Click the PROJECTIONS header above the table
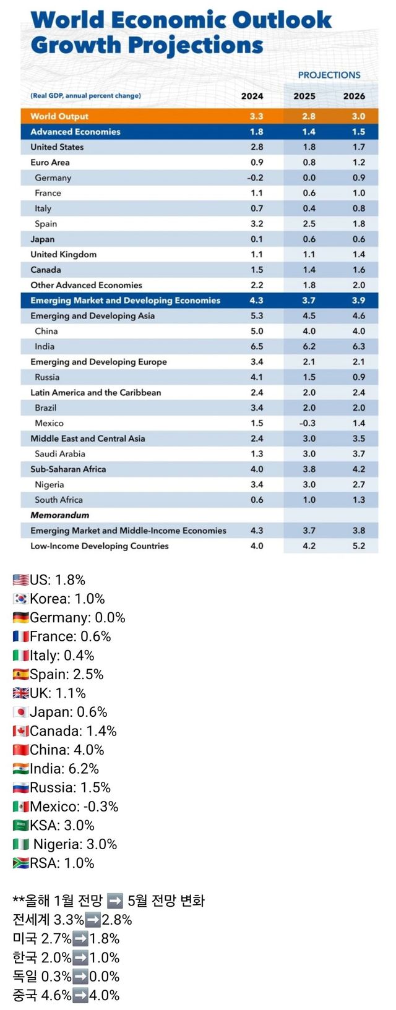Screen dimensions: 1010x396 point(329,75)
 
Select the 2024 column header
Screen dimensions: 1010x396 point(252,96)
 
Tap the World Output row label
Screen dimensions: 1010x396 point(59,116)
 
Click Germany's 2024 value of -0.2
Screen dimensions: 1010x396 point(256,178)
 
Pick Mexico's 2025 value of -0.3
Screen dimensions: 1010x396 point(308,423)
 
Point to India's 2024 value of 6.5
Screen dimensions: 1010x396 point(257,346)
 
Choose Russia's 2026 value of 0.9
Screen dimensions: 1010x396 point(359,377)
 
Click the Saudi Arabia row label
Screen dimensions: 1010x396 point(60,453)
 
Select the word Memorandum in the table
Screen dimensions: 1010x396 point(59,515)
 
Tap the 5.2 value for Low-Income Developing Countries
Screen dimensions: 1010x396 point(359,546)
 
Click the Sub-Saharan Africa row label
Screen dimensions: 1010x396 point(68,469)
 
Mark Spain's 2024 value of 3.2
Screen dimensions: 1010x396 point(257,224)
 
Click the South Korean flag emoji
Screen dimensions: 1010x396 point(20,599)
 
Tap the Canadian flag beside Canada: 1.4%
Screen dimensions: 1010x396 point(20,731)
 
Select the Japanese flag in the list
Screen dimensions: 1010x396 point(20,712)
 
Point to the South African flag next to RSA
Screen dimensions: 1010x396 point(20,863)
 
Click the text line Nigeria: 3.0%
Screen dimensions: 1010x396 point(75,844)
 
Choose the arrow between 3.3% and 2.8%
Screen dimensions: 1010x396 point(93,920)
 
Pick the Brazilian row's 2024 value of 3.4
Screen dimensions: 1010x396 point(257,408)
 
